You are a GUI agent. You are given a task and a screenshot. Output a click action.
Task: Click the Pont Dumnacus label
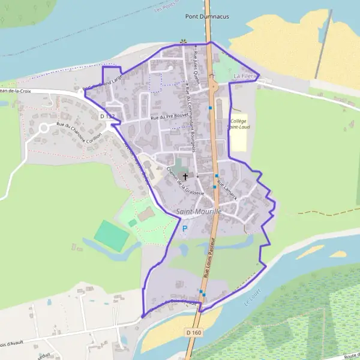pyautogui.click(x=207, y=17)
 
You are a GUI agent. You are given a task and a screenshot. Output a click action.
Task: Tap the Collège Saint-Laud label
pyautogui.click(x=238, y=124)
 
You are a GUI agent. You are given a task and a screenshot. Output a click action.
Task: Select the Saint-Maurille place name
pyautogui.click(x=200, y=212)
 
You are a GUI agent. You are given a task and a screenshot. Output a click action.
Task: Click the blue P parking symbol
pyautogui.click(x=185, y=229)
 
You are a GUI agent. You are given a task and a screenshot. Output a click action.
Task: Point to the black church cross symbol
pyautogui.click(x=185, y=177)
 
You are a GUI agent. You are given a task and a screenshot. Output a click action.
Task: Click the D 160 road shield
pyautogui.click(x=193, y=332)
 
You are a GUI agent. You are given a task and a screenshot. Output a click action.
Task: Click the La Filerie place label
pyautogui.click(x=245, y=76)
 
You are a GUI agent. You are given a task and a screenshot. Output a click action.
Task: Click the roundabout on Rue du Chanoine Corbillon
pyautogui.click(x=43, y=128)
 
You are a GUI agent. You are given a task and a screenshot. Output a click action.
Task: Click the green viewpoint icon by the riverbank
pyautogui.click(x=182, y=42)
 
